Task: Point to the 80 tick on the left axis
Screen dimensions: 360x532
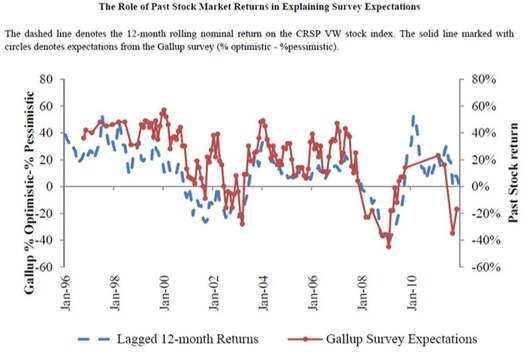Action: click(44, 79)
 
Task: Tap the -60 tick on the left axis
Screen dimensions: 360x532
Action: click(41, 267)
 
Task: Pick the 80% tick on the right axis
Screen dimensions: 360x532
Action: click(483, 79)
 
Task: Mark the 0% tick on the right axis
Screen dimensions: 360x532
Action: click(480, 187)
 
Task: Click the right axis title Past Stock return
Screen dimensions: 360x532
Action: click(515, 172)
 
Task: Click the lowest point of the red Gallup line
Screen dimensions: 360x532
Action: click(389, 246)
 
